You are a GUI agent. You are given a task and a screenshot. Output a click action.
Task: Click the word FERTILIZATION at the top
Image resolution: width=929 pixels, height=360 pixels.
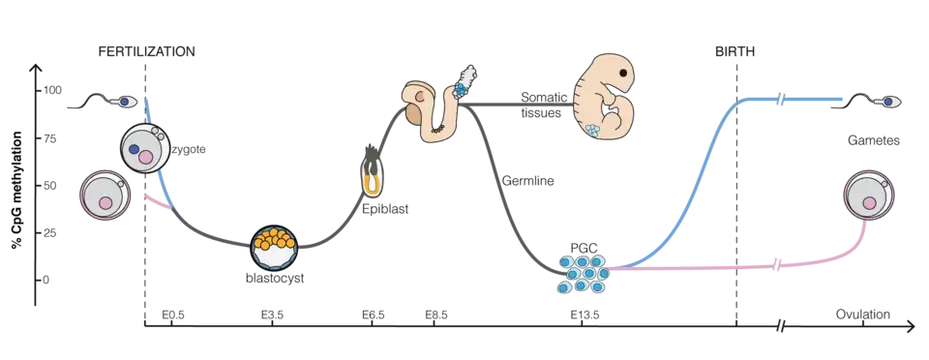coord(146,51)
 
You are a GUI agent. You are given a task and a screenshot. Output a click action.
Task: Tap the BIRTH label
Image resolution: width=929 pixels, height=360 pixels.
coord(734,51)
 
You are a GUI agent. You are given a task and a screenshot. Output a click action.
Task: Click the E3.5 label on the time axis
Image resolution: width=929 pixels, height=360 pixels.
coord(272,315)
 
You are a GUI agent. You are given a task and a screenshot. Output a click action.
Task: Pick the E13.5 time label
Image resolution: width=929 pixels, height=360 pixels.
coord(584,315)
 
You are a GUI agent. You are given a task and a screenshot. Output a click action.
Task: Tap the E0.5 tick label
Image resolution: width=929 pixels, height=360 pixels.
coord(173,315)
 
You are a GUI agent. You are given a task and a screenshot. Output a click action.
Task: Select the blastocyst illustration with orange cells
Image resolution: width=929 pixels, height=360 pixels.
coord(273,247)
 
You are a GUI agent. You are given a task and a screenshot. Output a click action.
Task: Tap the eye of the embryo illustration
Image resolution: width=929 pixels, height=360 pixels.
coord(623,74)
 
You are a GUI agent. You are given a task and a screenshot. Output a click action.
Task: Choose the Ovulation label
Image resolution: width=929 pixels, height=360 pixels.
coord(863,315)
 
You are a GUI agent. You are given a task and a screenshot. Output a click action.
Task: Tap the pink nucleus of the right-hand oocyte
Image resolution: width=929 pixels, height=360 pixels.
coord(869,203)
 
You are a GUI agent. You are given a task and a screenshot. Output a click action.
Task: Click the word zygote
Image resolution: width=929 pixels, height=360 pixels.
coord(189,150)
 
